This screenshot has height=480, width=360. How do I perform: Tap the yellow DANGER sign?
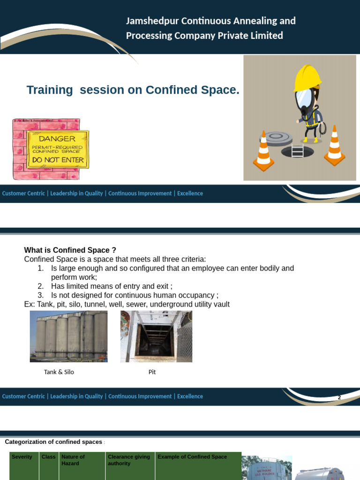(58, 150)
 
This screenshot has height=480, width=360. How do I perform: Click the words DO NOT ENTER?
(58, 160)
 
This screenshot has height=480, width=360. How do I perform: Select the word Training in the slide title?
(50, 90)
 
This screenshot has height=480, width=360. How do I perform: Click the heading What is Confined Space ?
(70, 250)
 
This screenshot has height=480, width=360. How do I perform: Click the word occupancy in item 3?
(199, 295)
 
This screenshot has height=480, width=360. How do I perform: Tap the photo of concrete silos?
(68, 337)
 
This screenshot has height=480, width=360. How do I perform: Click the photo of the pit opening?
(156, 337)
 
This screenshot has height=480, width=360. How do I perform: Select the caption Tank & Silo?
(59, 372)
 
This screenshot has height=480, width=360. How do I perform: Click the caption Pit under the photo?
(152, 372)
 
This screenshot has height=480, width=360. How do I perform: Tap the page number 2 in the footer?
(339, 397)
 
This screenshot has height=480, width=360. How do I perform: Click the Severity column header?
(22, 457)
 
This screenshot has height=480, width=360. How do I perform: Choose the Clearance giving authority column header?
(129, 460)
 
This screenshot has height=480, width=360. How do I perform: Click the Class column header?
(48, 457)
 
